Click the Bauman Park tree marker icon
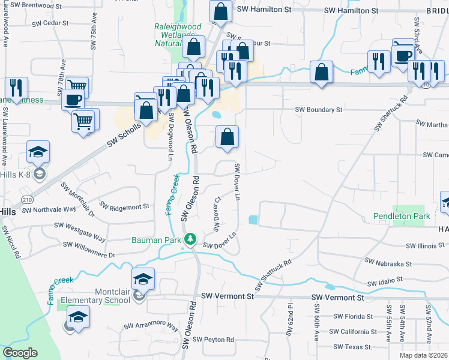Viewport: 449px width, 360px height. pyautogui.click(x=190, y=239)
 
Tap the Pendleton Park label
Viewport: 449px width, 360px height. pyautogui.click(x=402, y=215)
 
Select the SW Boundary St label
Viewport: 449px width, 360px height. pyautogui.click(x=318, y=110)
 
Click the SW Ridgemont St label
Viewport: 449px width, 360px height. pyautogui.click(x=124, y=206)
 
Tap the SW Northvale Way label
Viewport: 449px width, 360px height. pyautogui.click(x=49, y=210)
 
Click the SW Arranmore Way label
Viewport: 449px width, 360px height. pyautogui.click(x=151, y=326)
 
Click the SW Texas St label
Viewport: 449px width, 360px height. pyautogui.click(x=353, y=347)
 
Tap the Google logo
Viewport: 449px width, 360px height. pyautogui.click(x=20, y=353)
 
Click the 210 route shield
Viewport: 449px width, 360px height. pyautogui.click(x=26, y=199)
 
